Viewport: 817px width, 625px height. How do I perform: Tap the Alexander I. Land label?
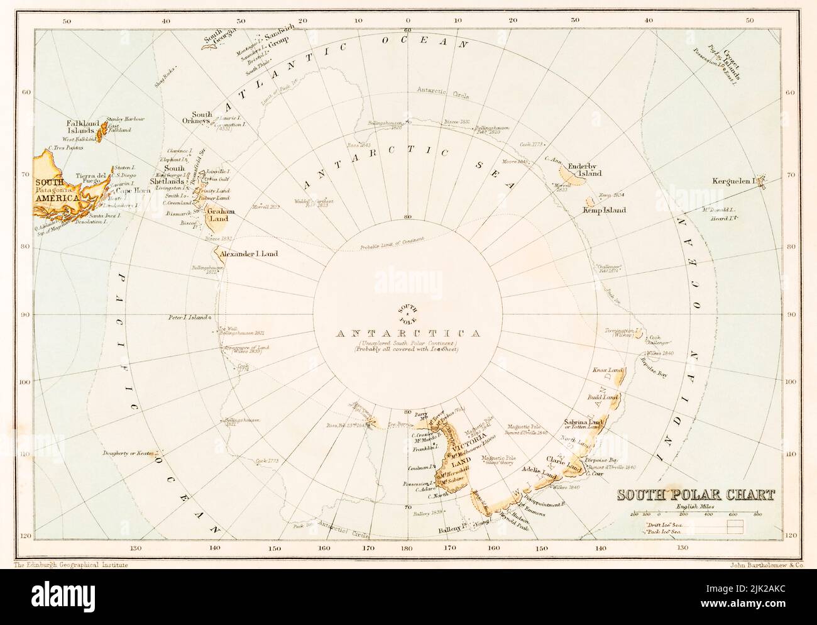coord(249,255)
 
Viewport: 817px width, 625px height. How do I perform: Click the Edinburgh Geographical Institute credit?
coord(70,565)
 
